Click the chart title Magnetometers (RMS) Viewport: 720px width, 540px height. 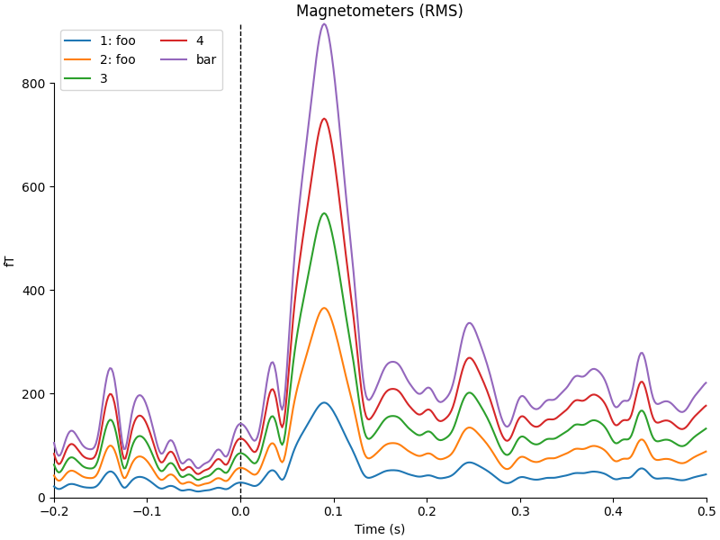[379, 11]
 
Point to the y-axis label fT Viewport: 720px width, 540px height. [10, 261]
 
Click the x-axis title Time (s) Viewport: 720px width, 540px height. [379, 529]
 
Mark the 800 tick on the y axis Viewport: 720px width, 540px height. [34, 84]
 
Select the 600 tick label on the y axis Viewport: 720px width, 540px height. [34, 187]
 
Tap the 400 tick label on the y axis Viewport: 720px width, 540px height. [34, 291]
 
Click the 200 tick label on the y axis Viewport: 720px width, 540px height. [34, 394]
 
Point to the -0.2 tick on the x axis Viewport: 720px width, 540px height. [54, 511]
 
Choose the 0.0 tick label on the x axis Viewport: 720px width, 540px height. [240, 511]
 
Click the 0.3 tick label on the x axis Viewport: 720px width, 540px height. [520, 511]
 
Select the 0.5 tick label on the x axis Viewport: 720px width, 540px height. [706, 511]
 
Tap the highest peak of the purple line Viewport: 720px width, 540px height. [324, 23]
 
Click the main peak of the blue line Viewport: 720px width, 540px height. [324, 402]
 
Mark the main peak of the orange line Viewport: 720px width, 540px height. [324, 308]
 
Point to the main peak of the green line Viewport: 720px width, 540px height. [324, 213]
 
